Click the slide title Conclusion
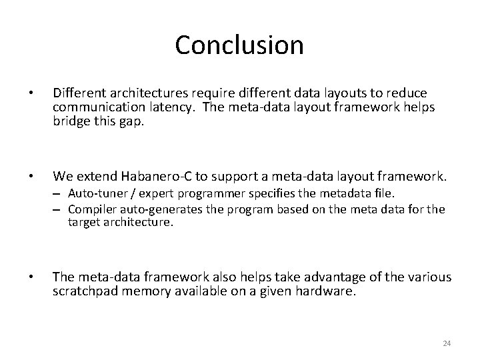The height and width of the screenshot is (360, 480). click(239, 45)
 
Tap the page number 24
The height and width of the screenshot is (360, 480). click(447, 343)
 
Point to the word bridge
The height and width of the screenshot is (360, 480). click(72, 121)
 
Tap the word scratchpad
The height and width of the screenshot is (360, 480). click(85, 291)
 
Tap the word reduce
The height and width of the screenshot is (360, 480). click(409, 93)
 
